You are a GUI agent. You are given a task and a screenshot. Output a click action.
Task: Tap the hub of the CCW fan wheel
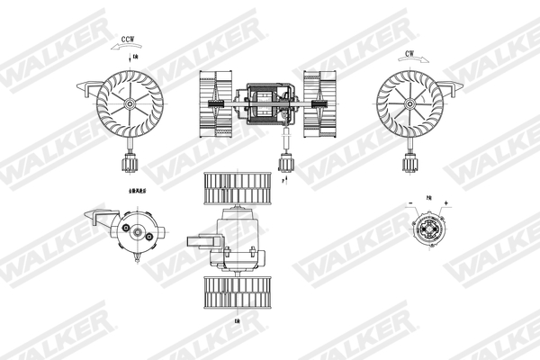[130, 104]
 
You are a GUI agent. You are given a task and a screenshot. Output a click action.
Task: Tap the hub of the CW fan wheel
[410, 104]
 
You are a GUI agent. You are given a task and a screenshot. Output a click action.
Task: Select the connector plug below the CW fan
[410, 165]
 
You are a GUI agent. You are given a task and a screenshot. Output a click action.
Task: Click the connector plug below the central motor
[287, 161]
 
